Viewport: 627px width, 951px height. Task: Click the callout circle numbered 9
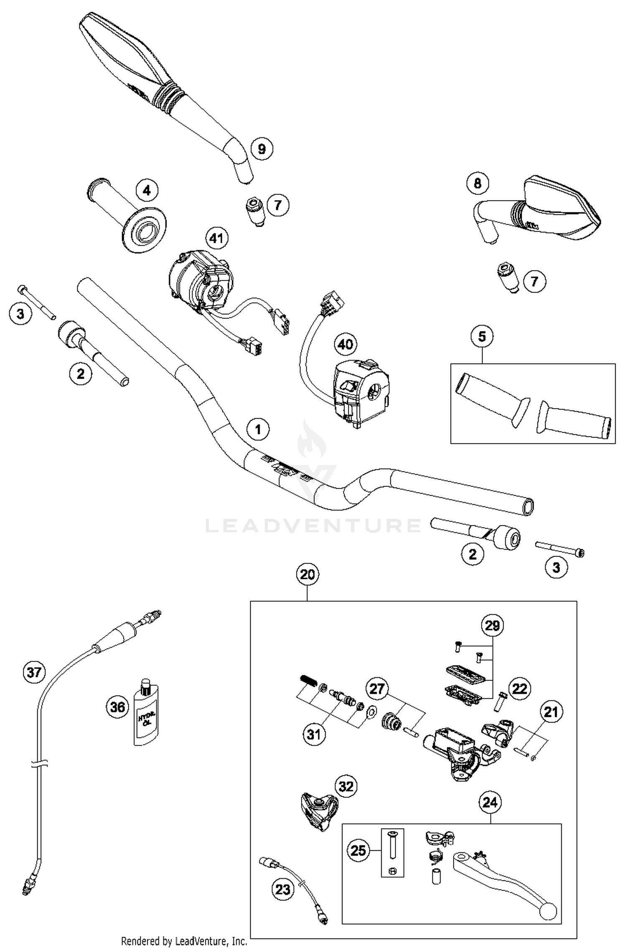[262, 149]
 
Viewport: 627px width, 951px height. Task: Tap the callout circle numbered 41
[217, 239]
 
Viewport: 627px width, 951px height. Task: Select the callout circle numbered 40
[345, 344]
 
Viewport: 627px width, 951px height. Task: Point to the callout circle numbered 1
[258, 429]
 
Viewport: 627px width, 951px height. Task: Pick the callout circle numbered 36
[117, 707]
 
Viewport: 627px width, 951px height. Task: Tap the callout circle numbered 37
[34, 672]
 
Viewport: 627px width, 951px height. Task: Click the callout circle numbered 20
[307, 575]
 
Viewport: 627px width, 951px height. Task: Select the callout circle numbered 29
[492, 626]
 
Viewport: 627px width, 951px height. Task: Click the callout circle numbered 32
[346, 787]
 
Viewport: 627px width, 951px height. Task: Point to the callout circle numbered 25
[358, 851]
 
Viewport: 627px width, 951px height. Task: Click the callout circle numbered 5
[482, 336]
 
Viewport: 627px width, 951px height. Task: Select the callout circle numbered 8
[478, 183]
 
